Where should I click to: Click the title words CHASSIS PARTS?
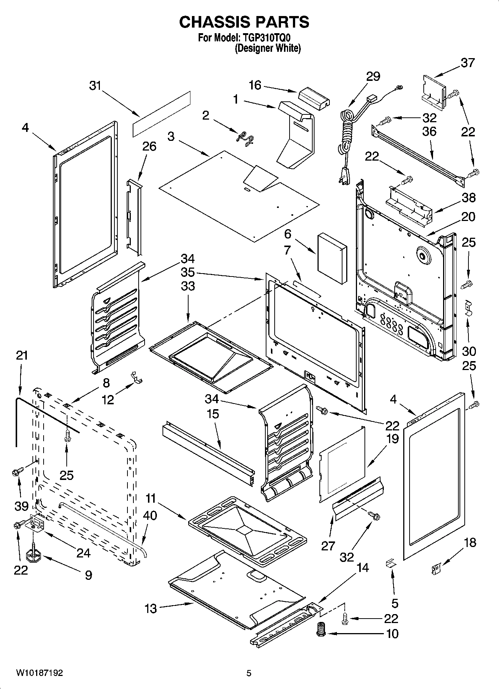click(x=244, y=22)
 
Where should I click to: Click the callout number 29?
click(x=373, y=76)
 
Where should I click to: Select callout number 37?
click(x=468, y=63)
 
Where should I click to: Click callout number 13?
click(x=151, y=609)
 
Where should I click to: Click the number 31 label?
click(x=95, y=86)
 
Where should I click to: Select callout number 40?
click(x=150, y=515)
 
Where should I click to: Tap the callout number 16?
click(x=255, y=85)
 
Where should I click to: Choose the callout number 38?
click(x=468, y=197)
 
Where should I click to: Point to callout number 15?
click(x=213, y=414)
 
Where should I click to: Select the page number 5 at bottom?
click(x=249, y=673)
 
